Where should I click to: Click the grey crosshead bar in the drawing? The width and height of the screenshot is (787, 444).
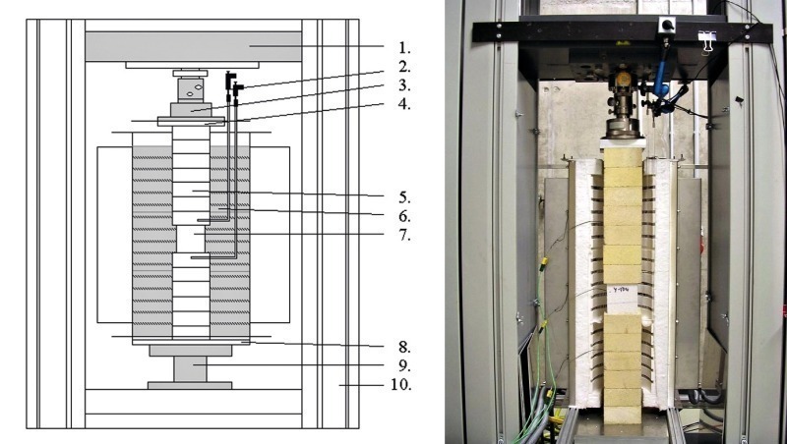193,46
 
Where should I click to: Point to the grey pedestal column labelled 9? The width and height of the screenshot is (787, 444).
190,368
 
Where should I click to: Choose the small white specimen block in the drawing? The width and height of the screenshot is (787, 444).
190,239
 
